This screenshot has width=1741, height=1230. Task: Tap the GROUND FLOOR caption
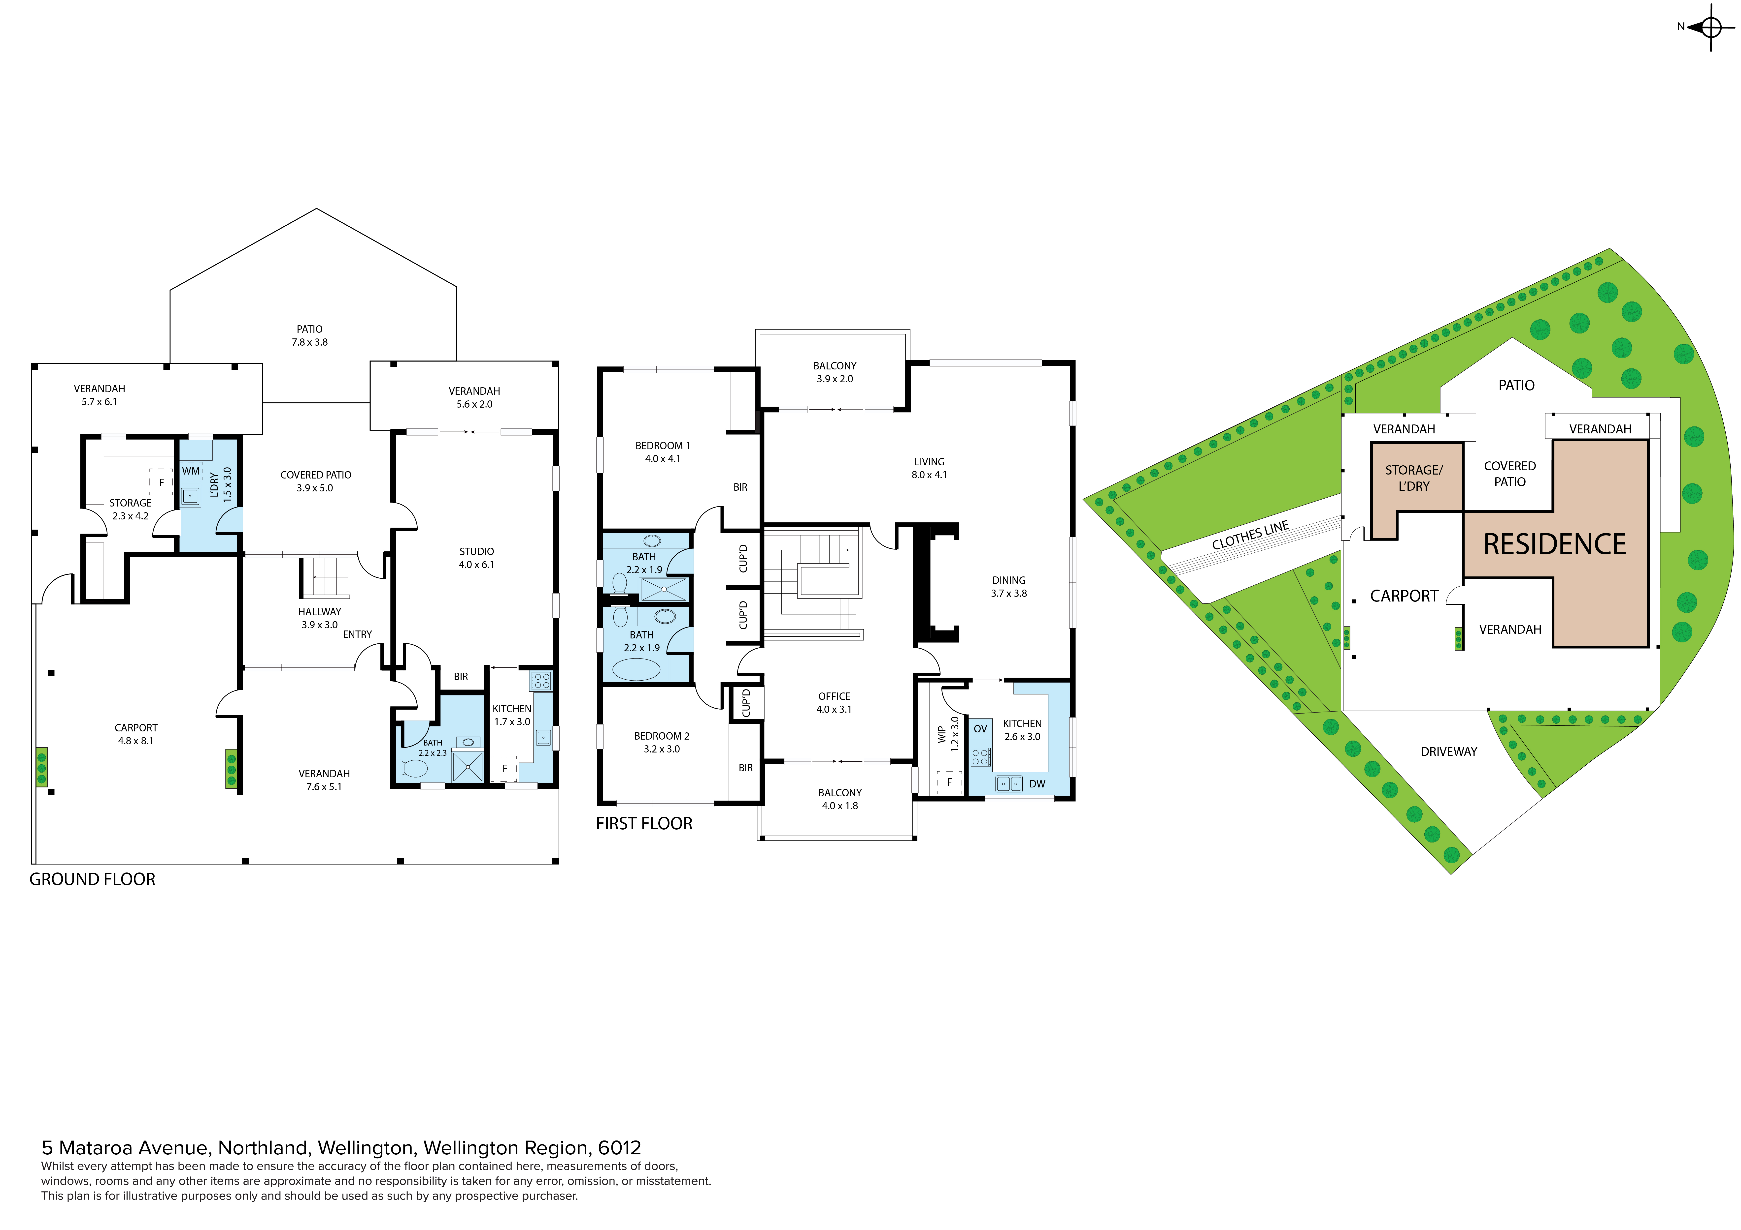[93, 880]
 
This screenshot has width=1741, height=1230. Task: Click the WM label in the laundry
[191, 471]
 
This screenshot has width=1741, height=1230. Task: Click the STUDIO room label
[476, 552]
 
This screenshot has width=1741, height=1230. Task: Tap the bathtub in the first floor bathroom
[636, 669]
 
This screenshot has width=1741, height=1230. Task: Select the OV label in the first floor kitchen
[980, 729]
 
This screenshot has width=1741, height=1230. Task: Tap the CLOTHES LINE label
[1250, 536]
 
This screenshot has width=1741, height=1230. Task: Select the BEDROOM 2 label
[662, 736]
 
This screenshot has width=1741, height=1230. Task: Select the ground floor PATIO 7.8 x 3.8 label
[309, 336]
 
